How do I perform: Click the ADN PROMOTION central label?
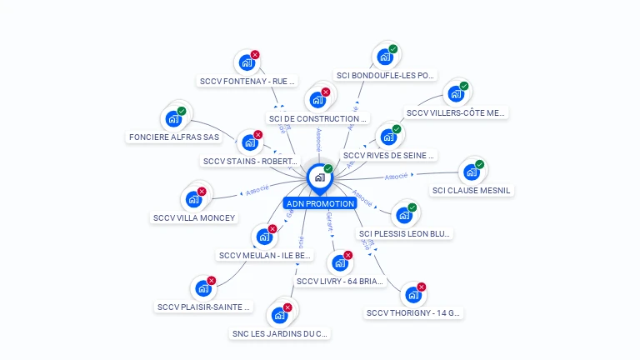click(x=320, y=203)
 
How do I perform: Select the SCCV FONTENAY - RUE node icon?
click(x=246, y=62)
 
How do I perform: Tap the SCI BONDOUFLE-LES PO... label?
click(x=385, y=75)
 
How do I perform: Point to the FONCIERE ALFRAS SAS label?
click(x=174, y=137)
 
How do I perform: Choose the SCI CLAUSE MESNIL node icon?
click(x=472, y=172)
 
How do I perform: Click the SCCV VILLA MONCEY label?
click(x=194, y=218)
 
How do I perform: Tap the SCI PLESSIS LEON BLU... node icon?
click(x=404, y=215)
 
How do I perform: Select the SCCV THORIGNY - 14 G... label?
click(x=413, y=313)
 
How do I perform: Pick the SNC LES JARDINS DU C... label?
click(x=280, y=334)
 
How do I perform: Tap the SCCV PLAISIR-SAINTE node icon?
click(x=202, y=289)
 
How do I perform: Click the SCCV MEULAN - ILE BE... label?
click(x=265, y=256)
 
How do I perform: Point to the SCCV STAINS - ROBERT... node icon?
click(x=249, y=142)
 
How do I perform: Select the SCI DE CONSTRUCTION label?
click(x=317, y=119)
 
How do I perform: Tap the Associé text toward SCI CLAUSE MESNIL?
click(x=397, y=177)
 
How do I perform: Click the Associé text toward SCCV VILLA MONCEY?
click(x=257, y=190)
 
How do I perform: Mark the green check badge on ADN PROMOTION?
click(x=328, y=169)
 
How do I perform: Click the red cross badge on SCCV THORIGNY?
click(x=421, y=287)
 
